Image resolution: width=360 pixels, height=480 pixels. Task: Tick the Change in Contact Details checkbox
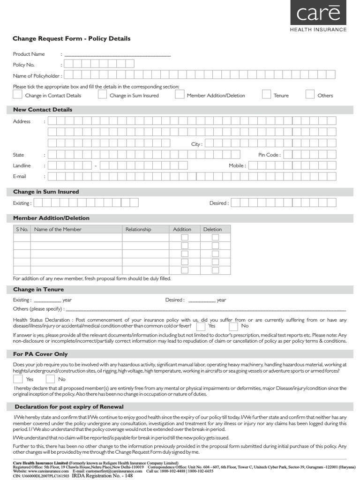(17, 95)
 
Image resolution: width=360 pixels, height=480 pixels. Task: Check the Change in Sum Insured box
(102, 95)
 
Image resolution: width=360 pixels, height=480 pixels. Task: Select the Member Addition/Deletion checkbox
(180, 95)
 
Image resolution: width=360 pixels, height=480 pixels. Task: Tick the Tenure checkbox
(266, 95)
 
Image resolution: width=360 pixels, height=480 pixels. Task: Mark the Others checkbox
(310, 95)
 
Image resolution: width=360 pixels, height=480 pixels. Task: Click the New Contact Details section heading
(43, 110)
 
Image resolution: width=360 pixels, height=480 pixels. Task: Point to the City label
(196, 144)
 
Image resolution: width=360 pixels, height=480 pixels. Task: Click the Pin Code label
(269, 155)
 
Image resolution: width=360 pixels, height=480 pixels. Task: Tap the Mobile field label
(237, 166)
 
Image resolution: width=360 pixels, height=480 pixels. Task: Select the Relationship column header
(138, 229)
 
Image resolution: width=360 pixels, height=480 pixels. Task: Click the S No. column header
(22, 229)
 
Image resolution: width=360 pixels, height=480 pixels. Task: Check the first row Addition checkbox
(185, 238)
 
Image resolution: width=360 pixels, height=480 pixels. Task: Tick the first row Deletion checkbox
(215, 238)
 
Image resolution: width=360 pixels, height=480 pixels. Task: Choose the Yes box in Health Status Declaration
(201, 326)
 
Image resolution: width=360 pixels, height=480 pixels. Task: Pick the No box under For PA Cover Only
(50, 379)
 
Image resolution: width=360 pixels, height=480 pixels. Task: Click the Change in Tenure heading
(38, 290)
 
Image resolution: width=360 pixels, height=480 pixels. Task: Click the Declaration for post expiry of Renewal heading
(69, 406)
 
